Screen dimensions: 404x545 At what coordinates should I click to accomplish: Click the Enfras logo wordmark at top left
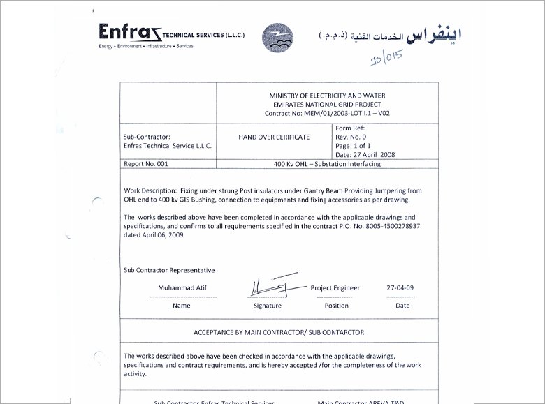point(129,33)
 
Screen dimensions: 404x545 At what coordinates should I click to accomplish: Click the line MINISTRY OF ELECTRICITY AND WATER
point(327,95)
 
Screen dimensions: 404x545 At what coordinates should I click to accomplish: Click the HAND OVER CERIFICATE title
point(274,137)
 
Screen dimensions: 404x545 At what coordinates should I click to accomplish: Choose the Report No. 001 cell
point(146,164)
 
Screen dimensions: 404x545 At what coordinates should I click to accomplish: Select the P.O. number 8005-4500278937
point(389,226)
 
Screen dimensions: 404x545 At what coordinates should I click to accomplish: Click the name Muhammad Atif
point(182,288)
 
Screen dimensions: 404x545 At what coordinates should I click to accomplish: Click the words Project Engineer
point(335,287)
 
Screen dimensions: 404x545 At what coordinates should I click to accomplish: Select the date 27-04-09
point(400,287)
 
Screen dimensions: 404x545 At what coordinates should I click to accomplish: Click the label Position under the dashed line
point(337,306)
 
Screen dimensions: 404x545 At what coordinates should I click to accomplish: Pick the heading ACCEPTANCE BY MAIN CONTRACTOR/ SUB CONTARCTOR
point(279,332)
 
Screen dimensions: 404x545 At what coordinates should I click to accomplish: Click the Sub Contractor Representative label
point(169,270)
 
